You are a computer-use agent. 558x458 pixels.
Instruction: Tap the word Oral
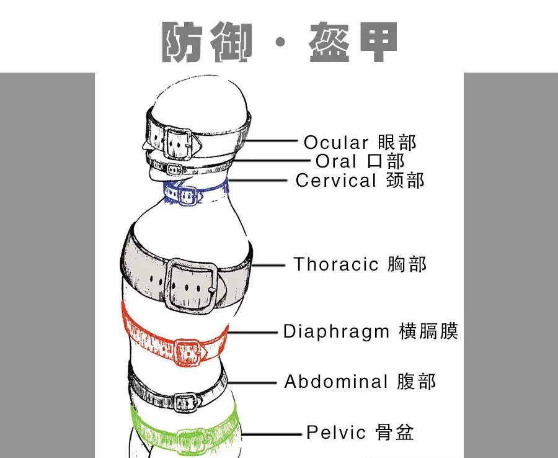coord(336,161)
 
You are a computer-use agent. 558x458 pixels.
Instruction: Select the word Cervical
coord(336,181)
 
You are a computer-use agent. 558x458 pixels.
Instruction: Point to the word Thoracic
coord(336,264)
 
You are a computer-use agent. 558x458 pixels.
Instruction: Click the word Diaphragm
coord(337,331)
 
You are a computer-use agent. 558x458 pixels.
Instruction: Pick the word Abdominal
coord(337,382)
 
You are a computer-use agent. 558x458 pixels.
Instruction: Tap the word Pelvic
coord(337,432)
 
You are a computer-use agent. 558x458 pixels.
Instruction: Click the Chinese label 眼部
coord(397,142)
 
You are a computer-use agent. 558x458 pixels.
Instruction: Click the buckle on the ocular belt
coord(179,143)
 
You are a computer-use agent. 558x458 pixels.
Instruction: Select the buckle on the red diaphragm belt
coord(185,350)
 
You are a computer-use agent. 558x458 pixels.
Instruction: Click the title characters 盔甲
coord(352,42)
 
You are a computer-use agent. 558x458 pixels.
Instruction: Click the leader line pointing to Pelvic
coord(273,433)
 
